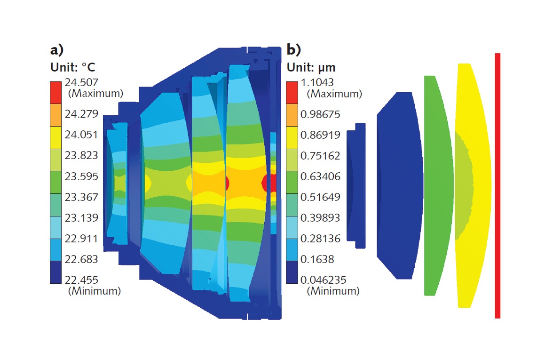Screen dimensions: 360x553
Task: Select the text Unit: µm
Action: tap(311, 67)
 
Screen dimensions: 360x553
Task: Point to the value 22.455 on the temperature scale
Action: tap(82, 280)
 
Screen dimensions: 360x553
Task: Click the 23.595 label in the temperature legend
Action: tap(82, 176)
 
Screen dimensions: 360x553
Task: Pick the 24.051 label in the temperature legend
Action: tap(82, 135)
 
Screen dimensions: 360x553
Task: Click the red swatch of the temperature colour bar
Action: tap(55, 92)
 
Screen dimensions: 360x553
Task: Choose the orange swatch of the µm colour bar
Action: tap(292, 114)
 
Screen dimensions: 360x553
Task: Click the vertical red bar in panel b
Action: tap(498, 185)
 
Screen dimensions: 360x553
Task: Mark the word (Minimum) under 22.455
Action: tap(95, 291)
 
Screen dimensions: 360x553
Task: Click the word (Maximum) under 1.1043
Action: tap(334, 94)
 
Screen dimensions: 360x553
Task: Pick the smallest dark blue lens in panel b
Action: tap(355, 185)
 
